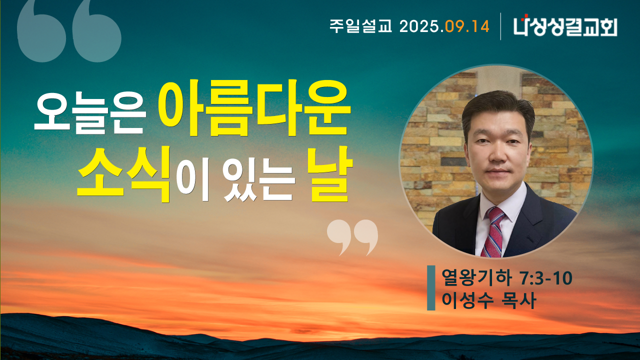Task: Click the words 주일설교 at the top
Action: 361,26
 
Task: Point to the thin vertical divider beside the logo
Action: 500,26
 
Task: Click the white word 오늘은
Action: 90,113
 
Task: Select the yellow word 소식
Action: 124,174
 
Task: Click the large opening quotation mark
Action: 69,31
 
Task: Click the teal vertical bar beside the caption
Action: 431,287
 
